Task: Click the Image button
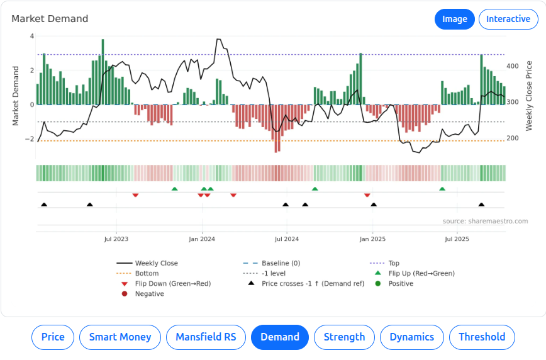coord(454,19)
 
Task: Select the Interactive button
coord(508,19)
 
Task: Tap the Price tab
coord(53,337)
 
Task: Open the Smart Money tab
coord(120,337)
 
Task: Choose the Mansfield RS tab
coord(206,337)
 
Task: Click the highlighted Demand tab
coord(280,337)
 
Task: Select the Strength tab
coord(344,337)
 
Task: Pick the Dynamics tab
coord(412,337)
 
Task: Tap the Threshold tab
coord(482,337)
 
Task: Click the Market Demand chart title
coord(50,19)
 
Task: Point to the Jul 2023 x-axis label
coord(116,239)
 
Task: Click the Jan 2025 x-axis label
coord(373,239)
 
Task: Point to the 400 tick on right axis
coord(513,66)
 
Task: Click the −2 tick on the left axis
coord(30,139)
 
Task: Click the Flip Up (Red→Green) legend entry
coord(421,274)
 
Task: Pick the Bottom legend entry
coord(147,274)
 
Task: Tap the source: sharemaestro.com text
coord(485,222)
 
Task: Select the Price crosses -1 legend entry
coord(313,284)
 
